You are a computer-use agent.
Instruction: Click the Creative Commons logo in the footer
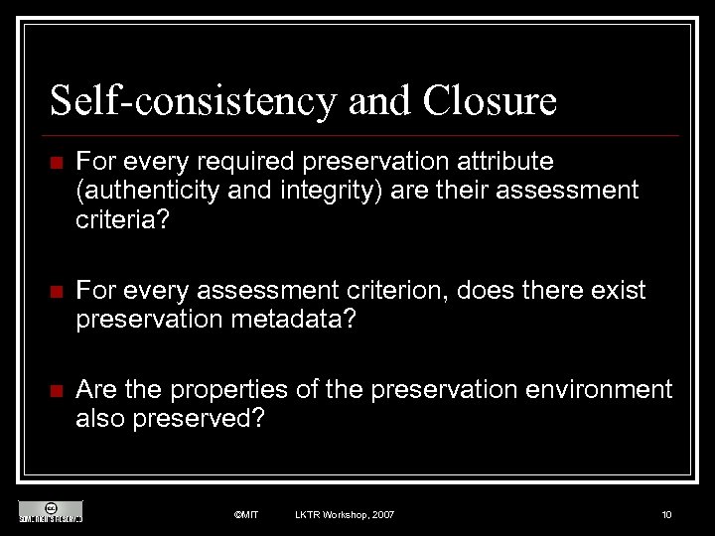pos(50,510)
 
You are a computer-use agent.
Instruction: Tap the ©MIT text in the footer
pos(245,514)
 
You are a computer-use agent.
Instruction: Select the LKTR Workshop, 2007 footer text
pos(345,514)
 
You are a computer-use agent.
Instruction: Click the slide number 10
pos(666,514)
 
